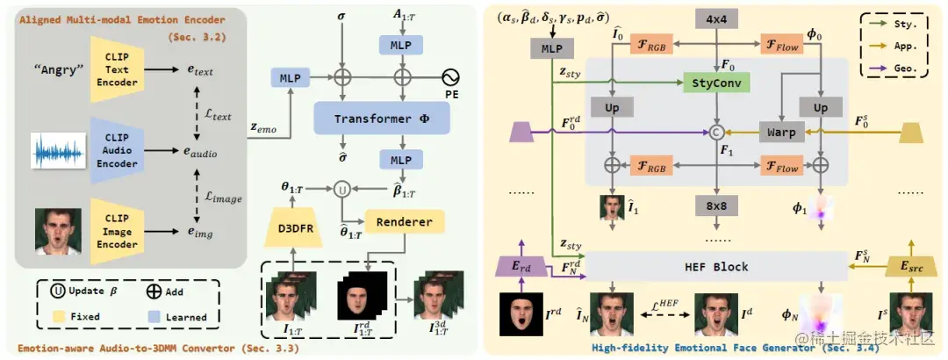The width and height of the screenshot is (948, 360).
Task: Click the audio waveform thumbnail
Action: point(59,150)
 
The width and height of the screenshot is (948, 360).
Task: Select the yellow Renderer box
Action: point(406,221)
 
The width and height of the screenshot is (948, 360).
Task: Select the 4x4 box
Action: point(717,18)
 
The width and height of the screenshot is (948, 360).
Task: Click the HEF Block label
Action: point(715,264)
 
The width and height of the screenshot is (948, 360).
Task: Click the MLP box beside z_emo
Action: point(290,78)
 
